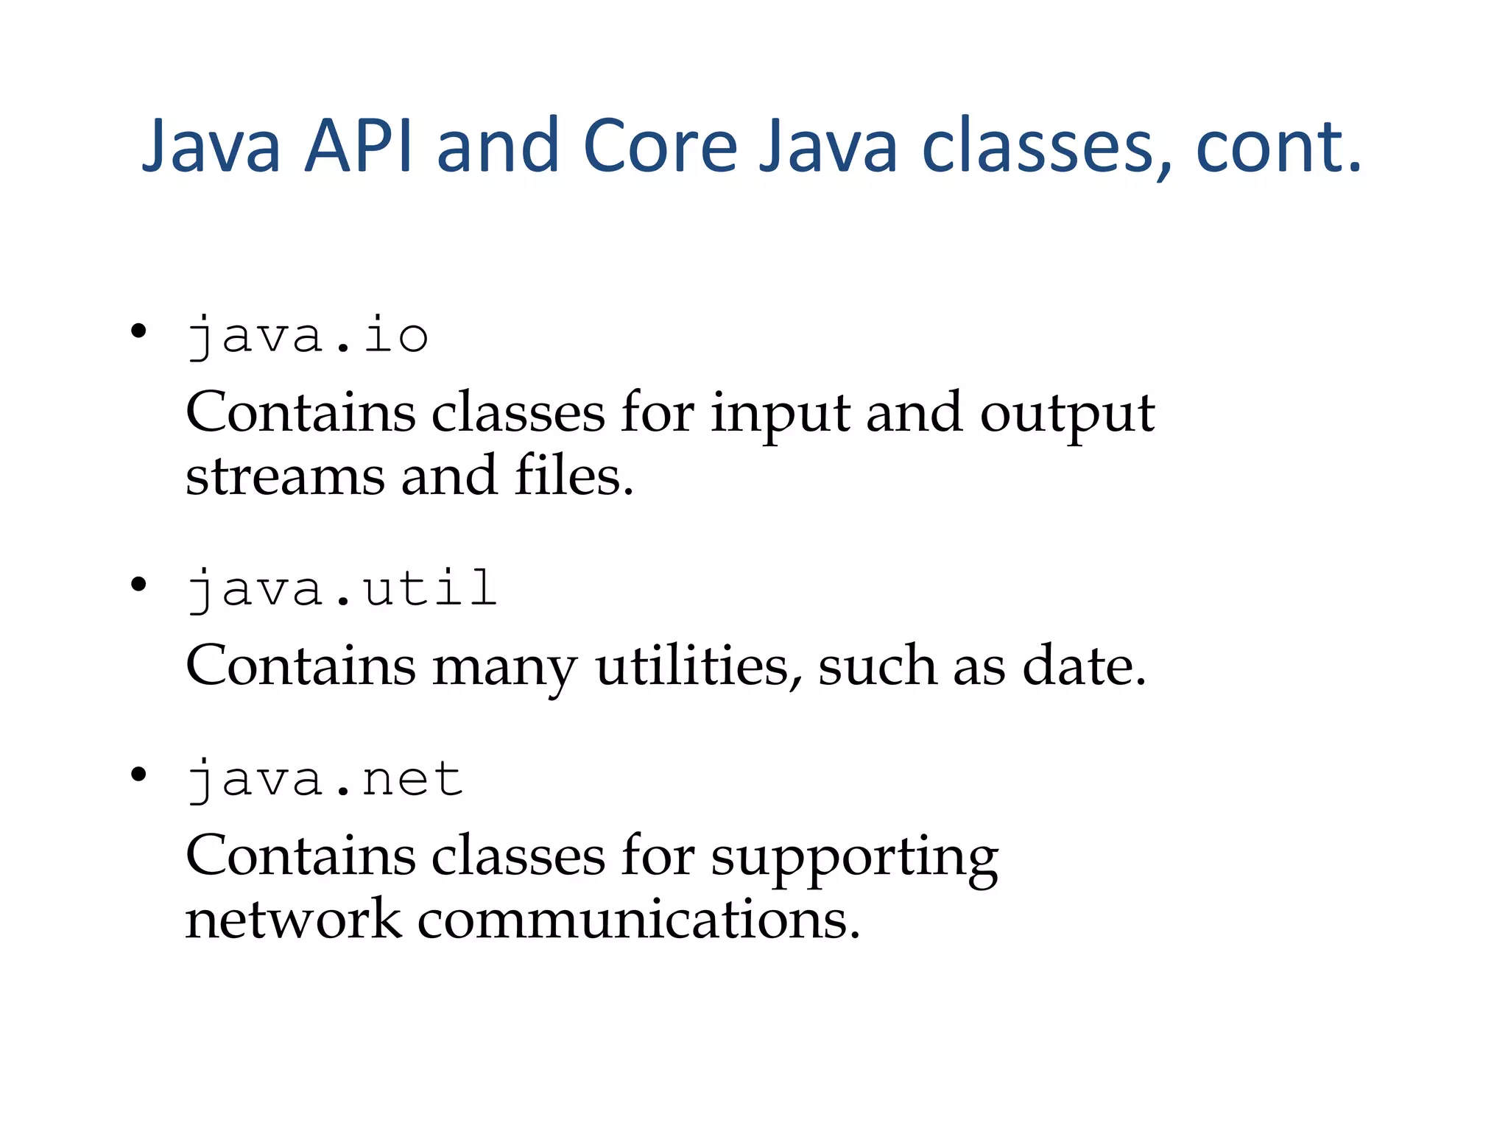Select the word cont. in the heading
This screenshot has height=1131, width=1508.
pyautogui.click(x=1278, y=147)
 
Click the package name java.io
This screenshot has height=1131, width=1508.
pyautogui.click(x=307, y=337)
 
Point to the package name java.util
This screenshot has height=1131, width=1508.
pyautogui.click(x=342, y=589)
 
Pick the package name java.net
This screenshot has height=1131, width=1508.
pyautogui.click(x=325, y=779)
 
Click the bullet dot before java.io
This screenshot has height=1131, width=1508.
pyautogui.click(x=138, y=331)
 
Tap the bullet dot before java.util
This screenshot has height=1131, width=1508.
pyautogui.click(x=138, y=585)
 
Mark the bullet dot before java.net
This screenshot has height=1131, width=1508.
pyautogui.click(x=138, y=775)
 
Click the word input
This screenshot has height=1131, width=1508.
pyautogui.click(x=780, y=414)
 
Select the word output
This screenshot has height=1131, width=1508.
pyautogui.click(x=1067, y=414)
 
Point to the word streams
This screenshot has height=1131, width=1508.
pyautogui.click(x=285, y=477)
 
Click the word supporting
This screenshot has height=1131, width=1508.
pyautogui.click(x=854, y=859)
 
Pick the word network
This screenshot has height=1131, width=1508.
pyautogui.click(x=293, y=920)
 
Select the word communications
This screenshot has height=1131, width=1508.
pyautogui.click(x=638, y=920)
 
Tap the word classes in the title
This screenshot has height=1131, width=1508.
pyautogui.click(x=1036, y=147)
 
